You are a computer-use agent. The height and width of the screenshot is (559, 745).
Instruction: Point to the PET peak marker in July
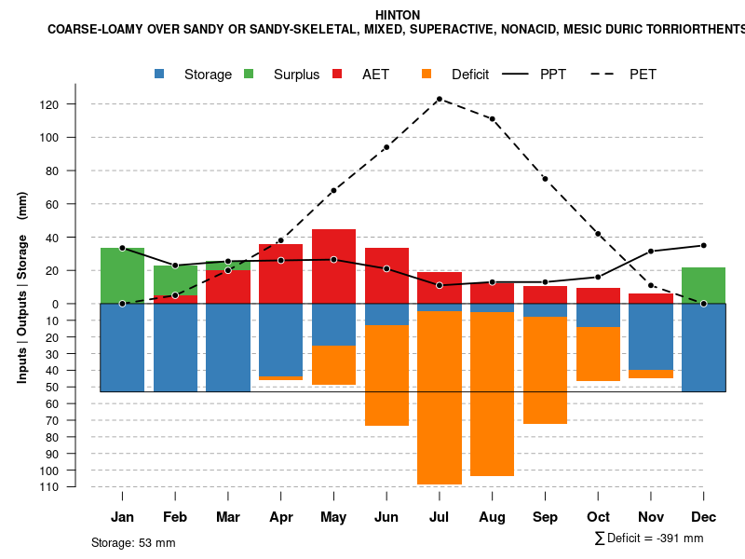click(439, 99)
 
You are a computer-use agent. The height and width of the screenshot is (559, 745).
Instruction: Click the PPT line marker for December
click(704, 245)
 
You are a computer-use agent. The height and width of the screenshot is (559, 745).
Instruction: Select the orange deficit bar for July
click(440, 397)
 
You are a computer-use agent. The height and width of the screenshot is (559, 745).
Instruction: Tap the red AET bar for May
click(333, 266)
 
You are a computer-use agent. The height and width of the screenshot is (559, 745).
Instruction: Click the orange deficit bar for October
click(598, 354)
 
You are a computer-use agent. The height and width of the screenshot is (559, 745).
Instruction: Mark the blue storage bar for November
click(651, 336)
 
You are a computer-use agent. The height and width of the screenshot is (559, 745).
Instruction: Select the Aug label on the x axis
click(492, 517)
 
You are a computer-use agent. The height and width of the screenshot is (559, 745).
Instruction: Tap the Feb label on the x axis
click(176, 517)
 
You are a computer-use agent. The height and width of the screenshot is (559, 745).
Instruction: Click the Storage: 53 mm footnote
click(133, 542)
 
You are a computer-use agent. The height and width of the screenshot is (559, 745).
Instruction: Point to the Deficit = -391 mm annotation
click(649, 539)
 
